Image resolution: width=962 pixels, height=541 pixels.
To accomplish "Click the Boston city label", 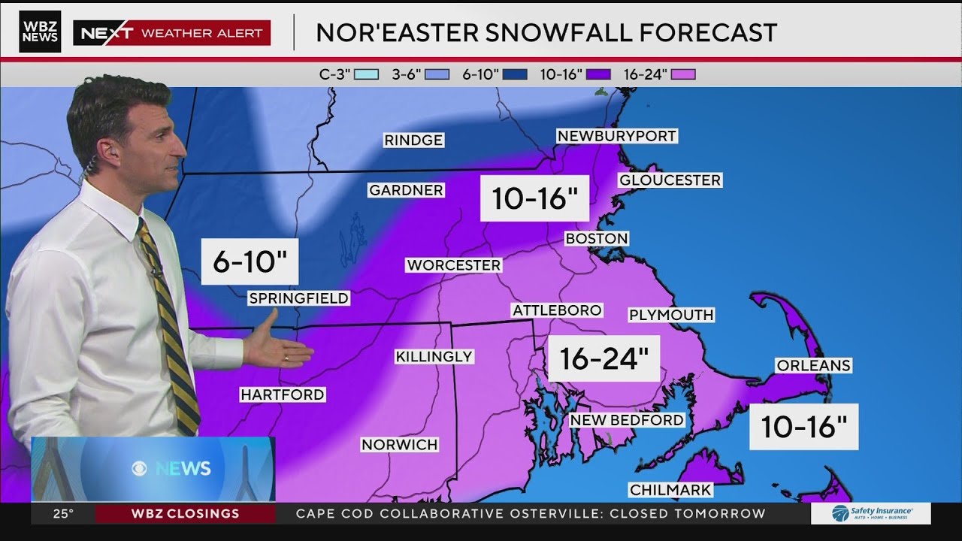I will (596, 238).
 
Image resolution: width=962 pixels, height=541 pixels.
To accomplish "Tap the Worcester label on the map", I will (453, 265).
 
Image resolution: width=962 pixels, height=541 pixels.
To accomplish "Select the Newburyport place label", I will (616, 136).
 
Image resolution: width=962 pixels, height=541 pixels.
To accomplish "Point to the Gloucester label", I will (670, 180).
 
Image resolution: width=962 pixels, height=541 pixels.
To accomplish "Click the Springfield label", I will (298, 298).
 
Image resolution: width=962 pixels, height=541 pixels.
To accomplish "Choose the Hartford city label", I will (282, 394).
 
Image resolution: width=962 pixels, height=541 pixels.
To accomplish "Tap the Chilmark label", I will (670, 490).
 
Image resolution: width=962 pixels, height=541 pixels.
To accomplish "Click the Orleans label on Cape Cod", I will (813, 365).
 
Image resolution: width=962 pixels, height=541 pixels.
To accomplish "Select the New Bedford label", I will (627, 420).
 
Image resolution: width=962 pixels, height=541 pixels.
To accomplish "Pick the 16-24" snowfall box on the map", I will (604, 358).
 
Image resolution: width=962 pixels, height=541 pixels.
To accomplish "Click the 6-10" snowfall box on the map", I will (250, 262).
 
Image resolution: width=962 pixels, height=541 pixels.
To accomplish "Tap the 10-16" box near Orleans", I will (803, 427).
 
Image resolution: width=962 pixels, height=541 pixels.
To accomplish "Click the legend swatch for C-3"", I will (366, 74).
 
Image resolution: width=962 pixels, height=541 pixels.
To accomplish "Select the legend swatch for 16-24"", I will (683, 74).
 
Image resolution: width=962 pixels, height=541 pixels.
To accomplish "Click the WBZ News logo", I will (40, 32).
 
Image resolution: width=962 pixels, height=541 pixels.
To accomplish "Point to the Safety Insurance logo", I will (870, 514).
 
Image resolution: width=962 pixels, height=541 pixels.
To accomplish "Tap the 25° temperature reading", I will (63, 514).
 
